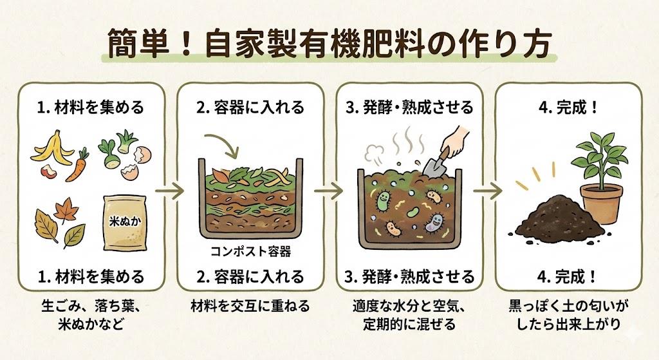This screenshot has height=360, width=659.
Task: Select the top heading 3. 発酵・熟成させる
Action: [409, 107]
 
